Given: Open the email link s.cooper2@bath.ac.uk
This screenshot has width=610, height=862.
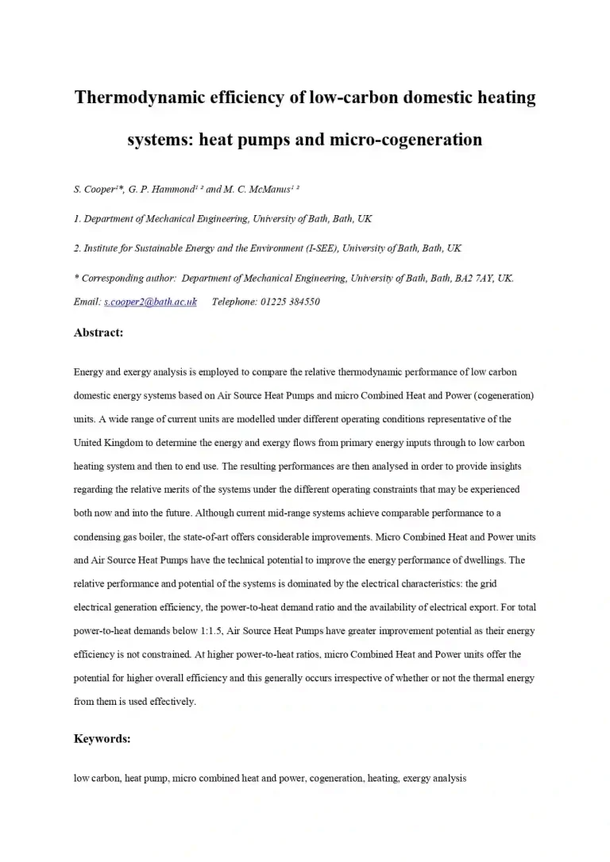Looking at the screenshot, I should (x=150, y=302).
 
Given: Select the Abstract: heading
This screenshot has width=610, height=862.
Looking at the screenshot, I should (x=98, y=333).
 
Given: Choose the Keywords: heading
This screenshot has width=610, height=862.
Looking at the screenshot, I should (x=102, y=738).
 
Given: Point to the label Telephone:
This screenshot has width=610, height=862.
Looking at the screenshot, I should (x=234, y=302).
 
